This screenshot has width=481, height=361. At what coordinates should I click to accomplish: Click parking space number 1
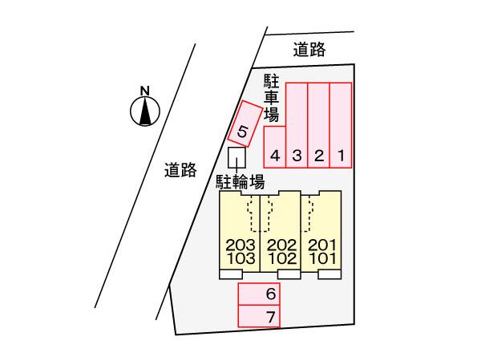click(x=341, y=125)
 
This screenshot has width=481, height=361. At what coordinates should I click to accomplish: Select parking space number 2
click(x=319, y=125)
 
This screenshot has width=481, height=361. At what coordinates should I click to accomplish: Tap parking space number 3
click(x=297, y=125)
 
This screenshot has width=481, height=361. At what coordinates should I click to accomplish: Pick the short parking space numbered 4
click(x=275, y=147)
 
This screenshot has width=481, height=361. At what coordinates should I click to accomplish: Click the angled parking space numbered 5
click(x=245, y=124)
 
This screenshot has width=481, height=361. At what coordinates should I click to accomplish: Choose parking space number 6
click(x=259, y=294)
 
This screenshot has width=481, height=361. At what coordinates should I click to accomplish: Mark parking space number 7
click(x=259, y=316)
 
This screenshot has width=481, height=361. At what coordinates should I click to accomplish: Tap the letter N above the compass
click(x=145, y=91)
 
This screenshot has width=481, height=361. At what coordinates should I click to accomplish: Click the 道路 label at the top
click(x=309, y=50)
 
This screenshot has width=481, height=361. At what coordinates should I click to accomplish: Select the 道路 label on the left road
click(x=180, y=170)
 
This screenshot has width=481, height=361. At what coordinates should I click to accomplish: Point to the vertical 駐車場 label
click(x=272, y=98)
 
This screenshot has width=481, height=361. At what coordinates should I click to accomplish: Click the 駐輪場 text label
click(x=240, y=182)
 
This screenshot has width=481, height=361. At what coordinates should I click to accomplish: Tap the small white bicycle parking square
click(x=236, y=158)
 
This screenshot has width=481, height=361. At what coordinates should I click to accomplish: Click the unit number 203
click(x=240, y=245)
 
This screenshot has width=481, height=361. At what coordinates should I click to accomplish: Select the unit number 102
click(x=282, y=258)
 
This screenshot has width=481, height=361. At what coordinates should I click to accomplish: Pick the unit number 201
click(x=322, y=245)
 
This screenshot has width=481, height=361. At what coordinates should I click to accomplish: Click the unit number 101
click(x=322, y=258)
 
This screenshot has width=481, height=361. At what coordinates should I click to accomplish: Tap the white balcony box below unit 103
click(x=231, y=274)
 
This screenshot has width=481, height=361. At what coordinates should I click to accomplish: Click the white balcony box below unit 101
click(x=329, y=274)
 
